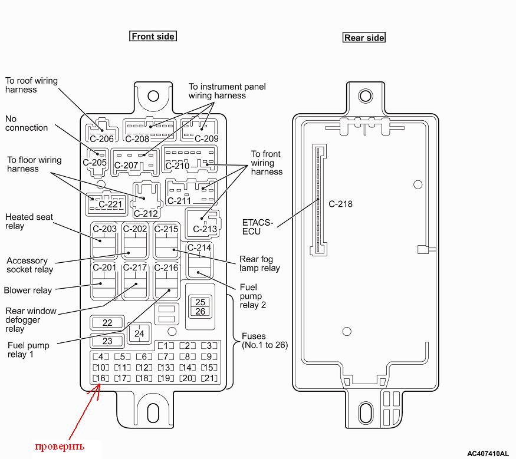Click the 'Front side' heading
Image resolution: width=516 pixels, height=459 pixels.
point(153,37)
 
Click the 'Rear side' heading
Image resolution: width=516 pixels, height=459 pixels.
point(364,38)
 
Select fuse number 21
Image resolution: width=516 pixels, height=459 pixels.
point(209,378)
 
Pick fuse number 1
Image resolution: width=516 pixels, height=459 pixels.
point(166,346)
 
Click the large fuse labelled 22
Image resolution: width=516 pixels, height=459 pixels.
point(107,322)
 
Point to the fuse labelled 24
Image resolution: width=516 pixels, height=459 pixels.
point(139,333)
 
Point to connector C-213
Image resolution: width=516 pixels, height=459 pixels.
point(203,222)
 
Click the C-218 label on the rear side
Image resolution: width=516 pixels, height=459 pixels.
point(340,204)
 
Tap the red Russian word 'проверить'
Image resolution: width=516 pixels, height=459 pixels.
point(59,446)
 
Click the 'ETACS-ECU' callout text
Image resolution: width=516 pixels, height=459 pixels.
point(258,227)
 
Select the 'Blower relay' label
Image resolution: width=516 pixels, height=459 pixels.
point(28,290)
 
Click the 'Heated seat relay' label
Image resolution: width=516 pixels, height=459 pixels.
point(29,222)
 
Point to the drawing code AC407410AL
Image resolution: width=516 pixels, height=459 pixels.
point(487,454)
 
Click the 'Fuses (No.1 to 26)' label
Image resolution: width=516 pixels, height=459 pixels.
point(264,341)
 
